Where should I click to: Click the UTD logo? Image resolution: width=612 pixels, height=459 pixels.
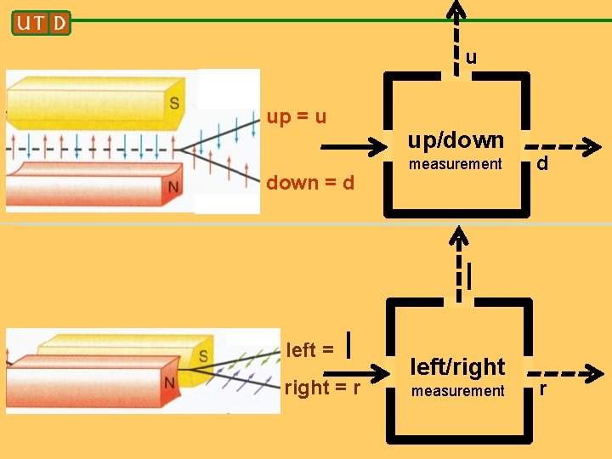coord(41,22)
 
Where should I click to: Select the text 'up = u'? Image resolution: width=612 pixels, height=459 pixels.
coord(297,116)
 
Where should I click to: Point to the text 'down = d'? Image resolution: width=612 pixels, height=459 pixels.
coord(310,183)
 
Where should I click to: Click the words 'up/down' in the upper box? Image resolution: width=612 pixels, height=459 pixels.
coord(456,139)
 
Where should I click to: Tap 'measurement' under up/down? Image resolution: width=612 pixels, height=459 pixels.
coord(456,164)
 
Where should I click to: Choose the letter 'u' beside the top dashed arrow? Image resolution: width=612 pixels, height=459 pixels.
coord(471,58)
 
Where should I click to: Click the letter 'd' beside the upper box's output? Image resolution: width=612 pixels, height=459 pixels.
coord(541,162)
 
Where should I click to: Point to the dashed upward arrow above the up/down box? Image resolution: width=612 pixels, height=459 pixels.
coord(457,34)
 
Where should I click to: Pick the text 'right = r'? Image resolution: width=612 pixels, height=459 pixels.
coord(322,388)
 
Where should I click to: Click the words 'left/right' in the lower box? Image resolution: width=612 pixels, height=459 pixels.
coord(457,367)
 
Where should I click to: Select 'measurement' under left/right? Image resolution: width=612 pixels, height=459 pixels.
coord(457,391)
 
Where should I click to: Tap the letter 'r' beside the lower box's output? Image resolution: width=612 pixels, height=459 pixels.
coord(543,391)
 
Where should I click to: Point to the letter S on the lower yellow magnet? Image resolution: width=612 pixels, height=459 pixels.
coord(204,355)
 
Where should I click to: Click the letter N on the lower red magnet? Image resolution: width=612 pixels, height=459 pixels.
coord(169,383)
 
